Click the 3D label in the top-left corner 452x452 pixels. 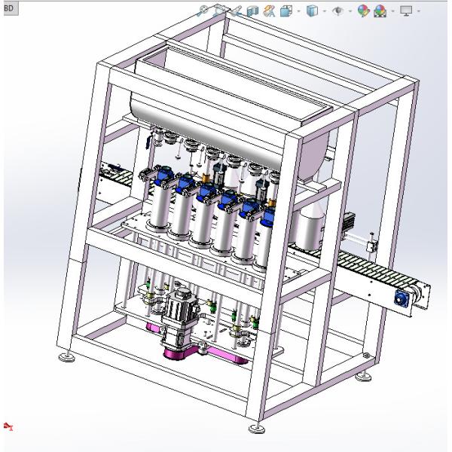pos(9,8)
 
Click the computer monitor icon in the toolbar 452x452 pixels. pos(406,11)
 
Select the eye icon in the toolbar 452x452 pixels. pos(337,11)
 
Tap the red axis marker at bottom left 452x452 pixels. pos(8,426)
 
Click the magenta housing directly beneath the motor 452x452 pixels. pos(176,353)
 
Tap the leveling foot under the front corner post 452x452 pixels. pos(256,428)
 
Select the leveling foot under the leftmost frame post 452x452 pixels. pos(67,357)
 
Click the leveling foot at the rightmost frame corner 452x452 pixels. pos(364,376)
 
